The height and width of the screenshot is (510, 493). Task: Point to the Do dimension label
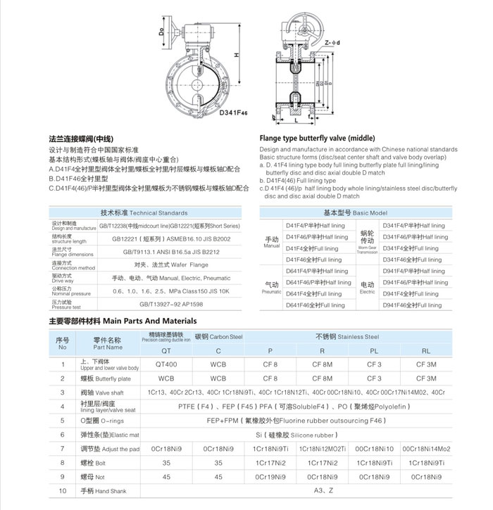[161, 31]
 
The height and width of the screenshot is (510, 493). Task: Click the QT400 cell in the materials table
[167, 364]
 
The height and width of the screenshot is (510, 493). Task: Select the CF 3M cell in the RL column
[426, 364]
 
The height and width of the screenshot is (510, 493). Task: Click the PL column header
[375, 350]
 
